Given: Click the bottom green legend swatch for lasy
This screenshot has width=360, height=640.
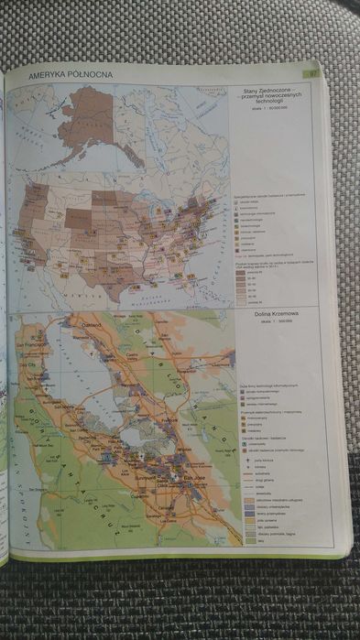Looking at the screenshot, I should (248, 539).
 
